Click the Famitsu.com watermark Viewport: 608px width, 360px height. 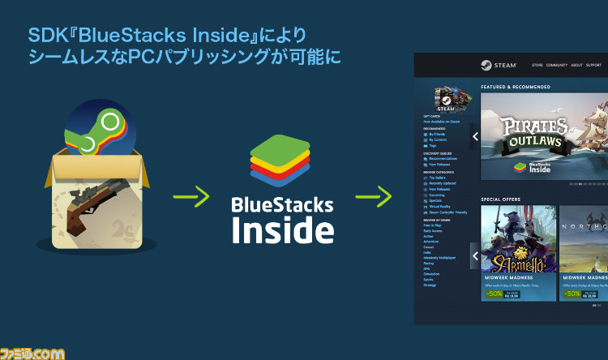(32, 352)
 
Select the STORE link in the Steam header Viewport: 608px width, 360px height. (537, 65)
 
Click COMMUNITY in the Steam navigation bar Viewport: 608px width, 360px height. (556, 65)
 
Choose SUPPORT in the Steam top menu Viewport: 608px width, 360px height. (593, 65)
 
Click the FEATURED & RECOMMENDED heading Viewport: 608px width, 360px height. (516, 87)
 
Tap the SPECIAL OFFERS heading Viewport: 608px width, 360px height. (500, 199)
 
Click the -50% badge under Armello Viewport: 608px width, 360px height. (493, 294)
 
